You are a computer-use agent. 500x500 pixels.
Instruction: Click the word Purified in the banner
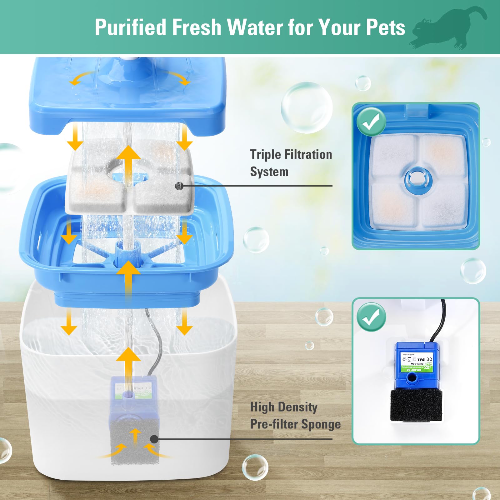point(130,27)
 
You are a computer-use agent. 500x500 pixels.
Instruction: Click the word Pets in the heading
point(385,27)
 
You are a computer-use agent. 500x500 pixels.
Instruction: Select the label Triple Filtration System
point(291,163)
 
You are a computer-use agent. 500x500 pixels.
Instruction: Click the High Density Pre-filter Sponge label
point(295,416)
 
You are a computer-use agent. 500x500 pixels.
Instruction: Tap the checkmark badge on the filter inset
point(371,122)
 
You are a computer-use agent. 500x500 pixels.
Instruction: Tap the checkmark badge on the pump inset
point(371,317)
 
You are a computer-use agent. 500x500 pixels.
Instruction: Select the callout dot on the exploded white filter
point(179,186)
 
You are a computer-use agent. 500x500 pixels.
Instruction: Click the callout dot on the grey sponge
point(154,439)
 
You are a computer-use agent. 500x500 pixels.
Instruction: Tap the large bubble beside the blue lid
point(306,107)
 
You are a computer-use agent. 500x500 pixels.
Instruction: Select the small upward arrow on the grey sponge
point(135,436)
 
